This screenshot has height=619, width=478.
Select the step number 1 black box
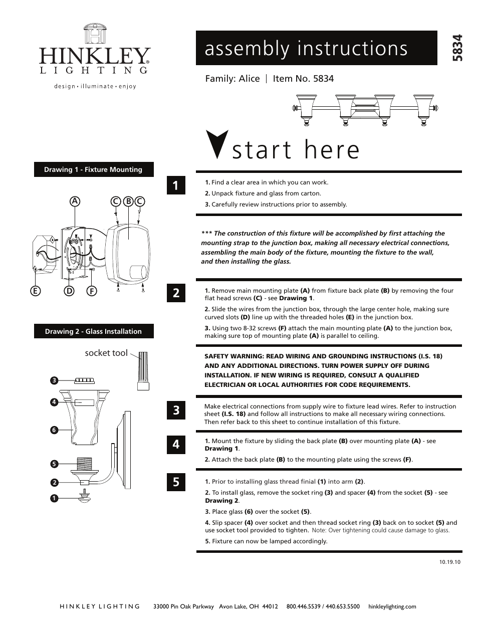click(x=176, y=185)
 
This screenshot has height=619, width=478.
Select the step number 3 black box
click(x=176, y=410)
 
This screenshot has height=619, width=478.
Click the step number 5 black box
click(x=176, y=482)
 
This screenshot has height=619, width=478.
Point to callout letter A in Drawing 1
click(x=75, y=201)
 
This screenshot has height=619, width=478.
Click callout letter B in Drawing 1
click(x=128, y=201)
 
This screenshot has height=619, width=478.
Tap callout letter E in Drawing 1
click(x=36, y=291)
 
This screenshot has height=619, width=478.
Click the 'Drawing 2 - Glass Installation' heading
click(x=94, y=331)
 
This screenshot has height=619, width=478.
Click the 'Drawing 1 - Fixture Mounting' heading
click(x=94, y=169)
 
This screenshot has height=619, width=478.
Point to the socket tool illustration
click(x=143, y=371)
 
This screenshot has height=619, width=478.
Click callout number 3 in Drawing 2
click(x=54, y=380)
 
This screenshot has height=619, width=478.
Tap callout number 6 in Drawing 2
click(x=54, y=430)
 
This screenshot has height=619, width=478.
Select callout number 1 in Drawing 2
click(x=54, y=498)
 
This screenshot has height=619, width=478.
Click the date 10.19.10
click(x=449, y=561)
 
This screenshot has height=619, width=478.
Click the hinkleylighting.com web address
click(x=392, y=606)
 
